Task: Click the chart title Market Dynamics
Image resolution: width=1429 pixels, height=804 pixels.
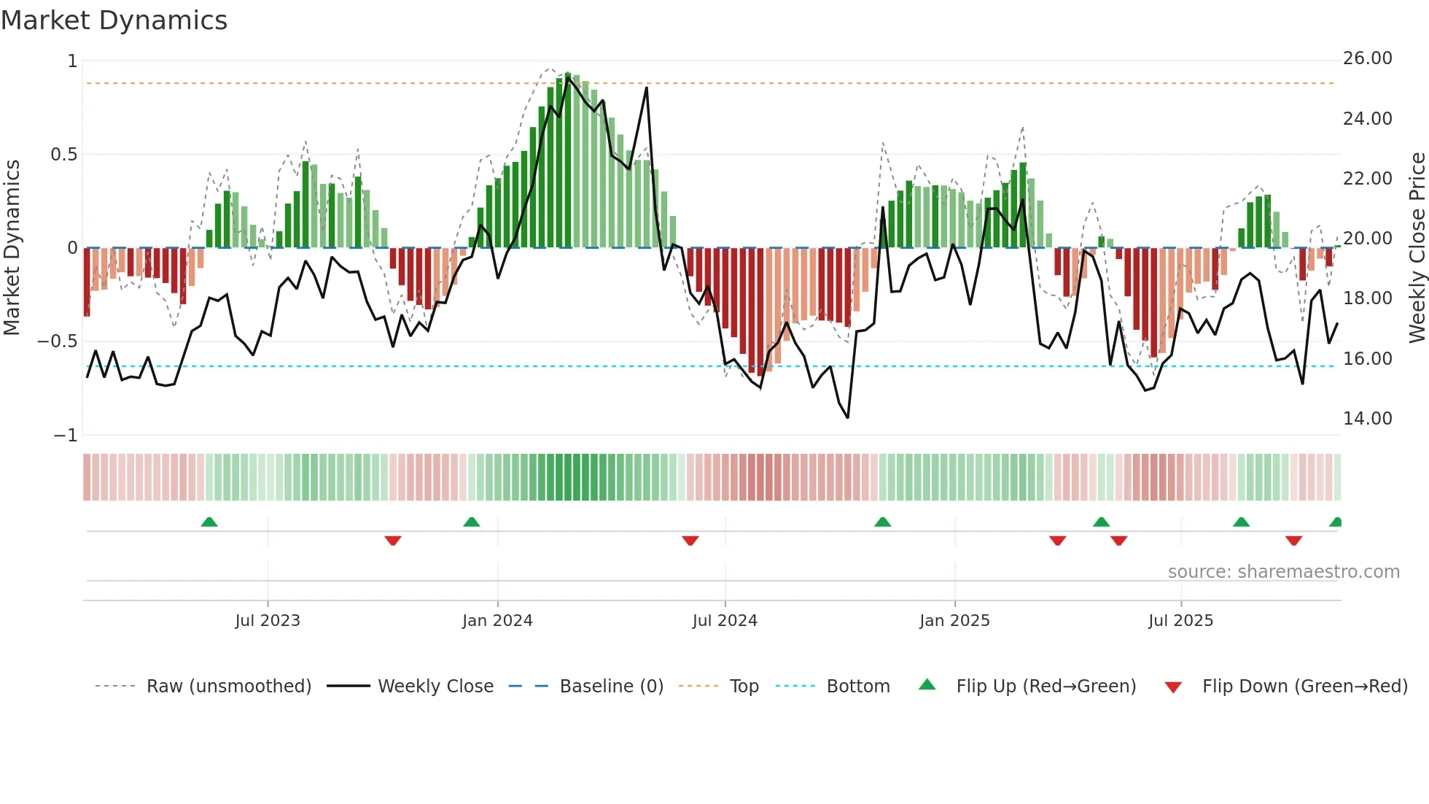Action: click(114, 20)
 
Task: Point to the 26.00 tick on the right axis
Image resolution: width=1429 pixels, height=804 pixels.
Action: click(1367, 58)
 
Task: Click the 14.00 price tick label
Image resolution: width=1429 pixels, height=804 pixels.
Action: click(1367, 419)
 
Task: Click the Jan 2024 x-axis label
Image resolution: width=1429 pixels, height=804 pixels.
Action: click(497, 621)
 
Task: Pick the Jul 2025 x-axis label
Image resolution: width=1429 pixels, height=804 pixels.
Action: click(1180, 621)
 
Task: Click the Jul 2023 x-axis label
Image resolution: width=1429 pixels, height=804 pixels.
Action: click(268, 621)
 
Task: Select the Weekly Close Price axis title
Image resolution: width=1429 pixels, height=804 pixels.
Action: click(1417, 247)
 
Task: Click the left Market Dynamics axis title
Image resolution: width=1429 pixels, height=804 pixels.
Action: click(12, 247)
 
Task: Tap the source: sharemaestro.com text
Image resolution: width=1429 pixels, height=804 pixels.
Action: click(1283, 572)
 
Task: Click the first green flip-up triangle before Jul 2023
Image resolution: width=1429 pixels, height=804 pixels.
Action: click(209, 522)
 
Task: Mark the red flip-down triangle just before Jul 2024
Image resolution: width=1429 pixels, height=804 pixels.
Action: click(690, 541)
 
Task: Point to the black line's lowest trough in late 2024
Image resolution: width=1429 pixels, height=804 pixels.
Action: click(848, 417)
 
